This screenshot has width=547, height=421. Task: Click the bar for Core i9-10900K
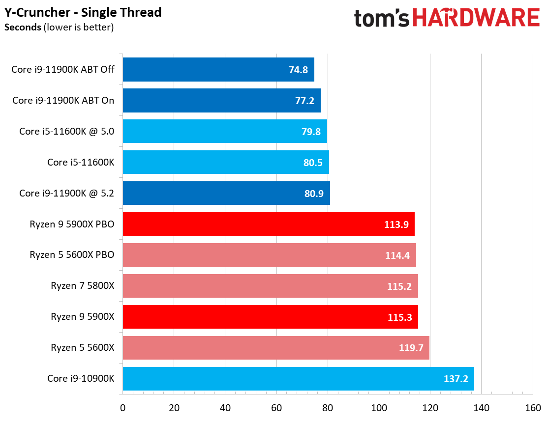[x=298, y=379]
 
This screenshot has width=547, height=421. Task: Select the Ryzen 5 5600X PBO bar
[x=269, y=255]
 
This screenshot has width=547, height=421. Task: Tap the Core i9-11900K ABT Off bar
[x=218, y=70]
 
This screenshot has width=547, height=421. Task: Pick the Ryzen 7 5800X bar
[x=270, y=286]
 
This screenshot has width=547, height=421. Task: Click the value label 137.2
[x=456, y=379]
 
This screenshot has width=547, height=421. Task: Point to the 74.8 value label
[x=298, y=70]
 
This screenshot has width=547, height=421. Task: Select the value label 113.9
[x=396, y=224]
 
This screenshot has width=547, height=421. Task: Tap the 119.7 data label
[x=411, y=348]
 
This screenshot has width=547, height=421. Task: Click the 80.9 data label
[x=313, y=193]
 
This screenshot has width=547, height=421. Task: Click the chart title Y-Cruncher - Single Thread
[x=83, y=12]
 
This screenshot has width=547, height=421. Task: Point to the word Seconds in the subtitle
[x=23, y=27]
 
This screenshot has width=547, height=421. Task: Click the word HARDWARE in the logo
[x=476, y=18]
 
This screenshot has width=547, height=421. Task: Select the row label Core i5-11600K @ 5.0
[x=66, y=131]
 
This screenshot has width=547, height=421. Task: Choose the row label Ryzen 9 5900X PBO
[x=72, y=224]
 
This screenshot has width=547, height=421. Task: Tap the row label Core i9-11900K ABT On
[x=63, y=100]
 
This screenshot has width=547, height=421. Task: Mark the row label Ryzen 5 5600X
[x=82, y=348]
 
